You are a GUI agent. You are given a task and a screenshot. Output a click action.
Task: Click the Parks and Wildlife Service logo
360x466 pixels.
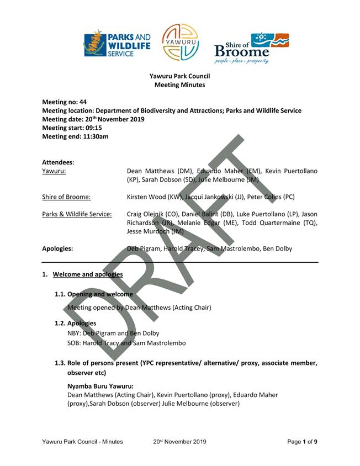click(117, 43)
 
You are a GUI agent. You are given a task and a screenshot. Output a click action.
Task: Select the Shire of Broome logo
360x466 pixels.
click(251, 47)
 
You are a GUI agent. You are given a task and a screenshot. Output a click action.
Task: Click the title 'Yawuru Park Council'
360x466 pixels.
click(179, 76)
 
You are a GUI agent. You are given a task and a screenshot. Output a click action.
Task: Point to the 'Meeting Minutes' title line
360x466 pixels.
click(179, 85)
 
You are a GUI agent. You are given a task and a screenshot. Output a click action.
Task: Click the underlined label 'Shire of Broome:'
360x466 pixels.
click(66, 197)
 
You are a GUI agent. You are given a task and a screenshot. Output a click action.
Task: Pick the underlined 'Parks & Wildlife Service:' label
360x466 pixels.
click(77, 214)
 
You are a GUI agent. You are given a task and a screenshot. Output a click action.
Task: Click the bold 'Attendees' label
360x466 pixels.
click(57, 162)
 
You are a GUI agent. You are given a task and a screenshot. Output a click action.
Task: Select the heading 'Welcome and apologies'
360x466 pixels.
click(88, 274)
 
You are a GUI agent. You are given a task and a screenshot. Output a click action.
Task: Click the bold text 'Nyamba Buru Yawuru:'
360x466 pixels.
click(100, 386)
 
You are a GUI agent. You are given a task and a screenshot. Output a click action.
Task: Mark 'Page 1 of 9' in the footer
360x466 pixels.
click(302, 442)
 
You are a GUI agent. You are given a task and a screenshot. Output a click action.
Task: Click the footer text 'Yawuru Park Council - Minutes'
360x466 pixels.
click(82, 442)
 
